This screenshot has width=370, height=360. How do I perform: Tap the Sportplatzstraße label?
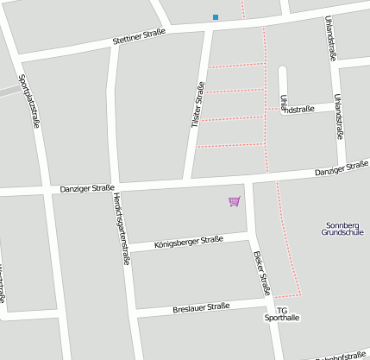(x=35, y=98)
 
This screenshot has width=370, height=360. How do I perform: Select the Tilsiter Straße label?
(x=198, y=105)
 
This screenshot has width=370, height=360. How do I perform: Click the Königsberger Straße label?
(x=188, y=243)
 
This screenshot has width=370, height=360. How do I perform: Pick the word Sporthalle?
(x=281, y=318)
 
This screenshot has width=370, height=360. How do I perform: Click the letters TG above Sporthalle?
(x=281, y=310)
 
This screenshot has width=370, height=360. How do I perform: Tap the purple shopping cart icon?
(x=234, y=201)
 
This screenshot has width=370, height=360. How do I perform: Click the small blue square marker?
(x=215, y=16)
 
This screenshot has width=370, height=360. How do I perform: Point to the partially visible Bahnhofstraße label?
(x=342, y=355)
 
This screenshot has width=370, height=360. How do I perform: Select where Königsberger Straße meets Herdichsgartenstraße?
(x=126, y=250)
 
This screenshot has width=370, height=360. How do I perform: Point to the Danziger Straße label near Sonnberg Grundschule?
(x=341, y=172)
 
